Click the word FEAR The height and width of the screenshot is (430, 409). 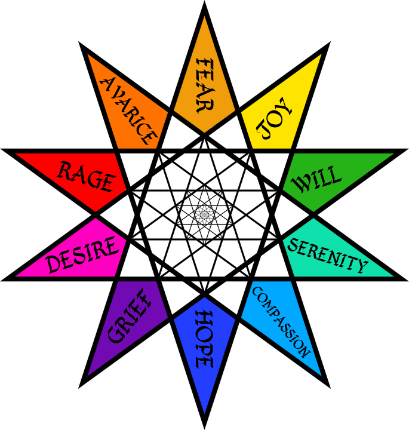pos(204,85)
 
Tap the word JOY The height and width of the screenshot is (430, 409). pos(274,119)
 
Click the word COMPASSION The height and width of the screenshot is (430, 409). pos(281,321)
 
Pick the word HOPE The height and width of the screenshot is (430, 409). pos(204,339)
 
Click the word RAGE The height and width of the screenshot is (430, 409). pos(85,177)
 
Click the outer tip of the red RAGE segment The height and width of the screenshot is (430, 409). pos(17,154)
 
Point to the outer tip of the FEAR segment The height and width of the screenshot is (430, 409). pos(204,17)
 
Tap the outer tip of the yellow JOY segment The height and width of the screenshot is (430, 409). pos(321,55)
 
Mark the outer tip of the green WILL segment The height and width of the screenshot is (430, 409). pos(392,154)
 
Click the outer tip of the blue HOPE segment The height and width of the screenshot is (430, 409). pos(204,413)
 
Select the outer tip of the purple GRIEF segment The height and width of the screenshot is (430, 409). pos(88,374)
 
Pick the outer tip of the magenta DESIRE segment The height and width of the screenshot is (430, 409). pos(17,276)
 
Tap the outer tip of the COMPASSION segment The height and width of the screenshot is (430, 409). pos(321,374)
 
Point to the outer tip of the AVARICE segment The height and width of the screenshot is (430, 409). pos(88,55)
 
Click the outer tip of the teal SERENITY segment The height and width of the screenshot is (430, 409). pos(392,276)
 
